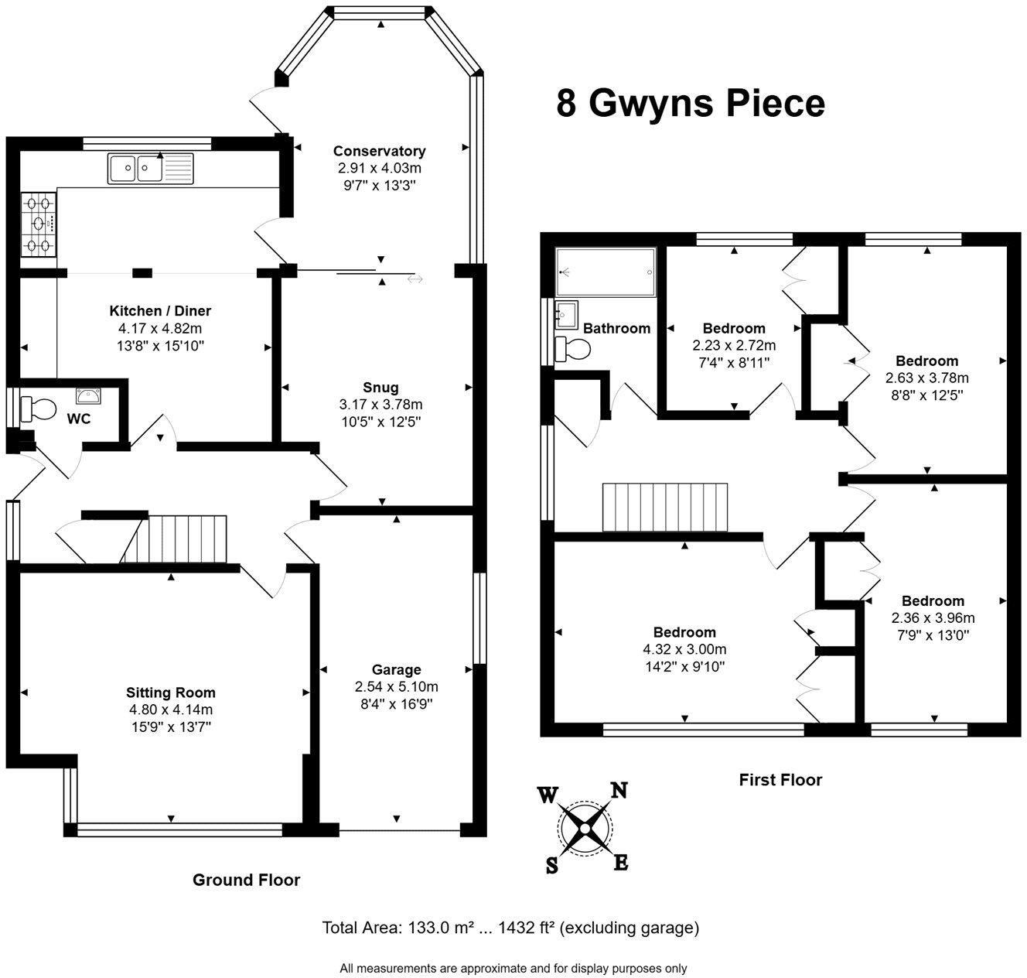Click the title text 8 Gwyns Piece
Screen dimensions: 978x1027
(690, 104)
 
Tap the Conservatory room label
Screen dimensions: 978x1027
(379, 151)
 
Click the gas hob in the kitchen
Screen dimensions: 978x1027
(39, 224)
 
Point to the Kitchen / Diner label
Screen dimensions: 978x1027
(160, 311)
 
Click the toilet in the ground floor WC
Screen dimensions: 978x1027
(39, 407)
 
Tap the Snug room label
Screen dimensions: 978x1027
(380, 388)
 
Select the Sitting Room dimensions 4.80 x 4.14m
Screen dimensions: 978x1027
(171, 710)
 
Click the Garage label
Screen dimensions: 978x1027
(396, 669)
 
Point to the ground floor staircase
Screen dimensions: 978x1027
(175, 539)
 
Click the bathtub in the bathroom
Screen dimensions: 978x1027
(606, 272)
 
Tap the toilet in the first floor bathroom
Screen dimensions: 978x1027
(572, 349)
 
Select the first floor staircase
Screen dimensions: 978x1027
(665, 508)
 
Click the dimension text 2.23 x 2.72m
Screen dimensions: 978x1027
(734, 345)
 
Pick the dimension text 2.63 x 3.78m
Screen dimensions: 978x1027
(926, 378)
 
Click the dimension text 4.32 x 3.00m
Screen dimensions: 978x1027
(684, 649)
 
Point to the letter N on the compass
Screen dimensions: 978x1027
(619, 790)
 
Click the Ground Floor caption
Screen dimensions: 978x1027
(246, 880)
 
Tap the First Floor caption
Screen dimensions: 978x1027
(780, 780)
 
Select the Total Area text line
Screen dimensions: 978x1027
(510, 928)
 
